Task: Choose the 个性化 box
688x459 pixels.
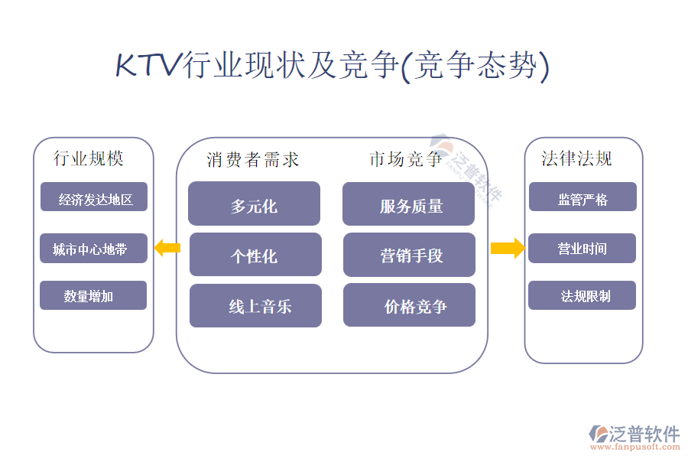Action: [x=255, y=255]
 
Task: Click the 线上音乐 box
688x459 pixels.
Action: [x=255, y=306]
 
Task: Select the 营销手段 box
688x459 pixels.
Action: [x=409, y=255]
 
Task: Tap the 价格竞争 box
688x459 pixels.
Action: [x=409, y=305]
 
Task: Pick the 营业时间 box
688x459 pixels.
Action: [x=582, y=248]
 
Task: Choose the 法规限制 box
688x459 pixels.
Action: [x=582, y=295]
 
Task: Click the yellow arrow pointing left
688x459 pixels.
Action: [x=167, y=248]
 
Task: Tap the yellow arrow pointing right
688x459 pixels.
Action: [x=507, y=248]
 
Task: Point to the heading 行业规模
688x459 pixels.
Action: [x=89, y=158]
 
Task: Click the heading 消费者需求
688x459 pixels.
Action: [x=253, y=160]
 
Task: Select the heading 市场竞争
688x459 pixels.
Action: [x=406, y=159]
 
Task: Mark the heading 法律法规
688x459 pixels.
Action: [x=576, y=158]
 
